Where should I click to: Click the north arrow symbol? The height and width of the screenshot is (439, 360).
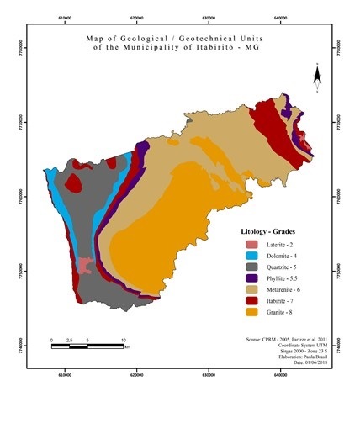tap(316, 78)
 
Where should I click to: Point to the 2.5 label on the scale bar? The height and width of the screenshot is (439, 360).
tap(69, 341)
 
